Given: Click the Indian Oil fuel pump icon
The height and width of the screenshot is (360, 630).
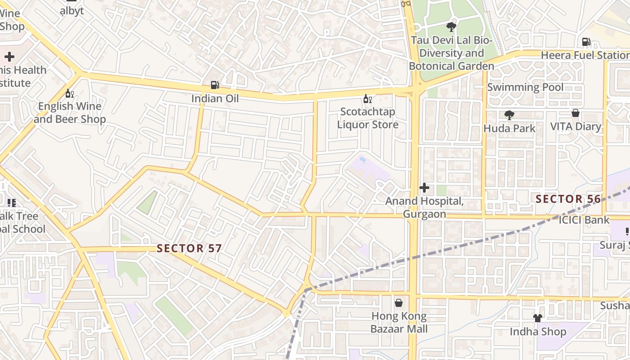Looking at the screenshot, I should point(215,85).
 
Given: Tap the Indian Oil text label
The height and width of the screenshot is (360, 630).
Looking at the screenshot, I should point(215,99).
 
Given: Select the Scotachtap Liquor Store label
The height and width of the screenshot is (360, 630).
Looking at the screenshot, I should point(368,118).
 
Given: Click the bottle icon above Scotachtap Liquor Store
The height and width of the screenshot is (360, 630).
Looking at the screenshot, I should point(368,99).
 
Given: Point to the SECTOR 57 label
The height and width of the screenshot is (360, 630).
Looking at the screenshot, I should point(189,248).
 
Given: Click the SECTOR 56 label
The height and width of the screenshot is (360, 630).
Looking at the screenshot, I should point(568,199).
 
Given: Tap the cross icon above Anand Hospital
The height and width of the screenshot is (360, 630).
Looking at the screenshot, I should point(424,188).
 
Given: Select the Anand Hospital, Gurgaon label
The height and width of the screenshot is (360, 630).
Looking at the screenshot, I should point(424,207).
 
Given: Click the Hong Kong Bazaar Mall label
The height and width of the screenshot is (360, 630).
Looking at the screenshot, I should point(399,323).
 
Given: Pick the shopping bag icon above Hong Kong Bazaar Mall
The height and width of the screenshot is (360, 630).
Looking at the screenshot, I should point(399,303).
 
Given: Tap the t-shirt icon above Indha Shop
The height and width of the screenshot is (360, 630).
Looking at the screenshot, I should point(537,318).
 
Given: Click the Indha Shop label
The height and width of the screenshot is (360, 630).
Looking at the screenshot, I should point(538,332).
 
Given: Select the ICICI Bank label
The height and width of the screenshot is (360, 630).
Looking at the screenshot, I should point(584,220).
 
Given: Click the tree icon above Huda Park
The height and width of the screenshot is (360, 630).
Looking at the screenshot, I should point(509,115).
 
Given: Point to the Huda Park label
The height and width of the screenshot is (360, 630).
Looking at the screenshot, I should point(509,129).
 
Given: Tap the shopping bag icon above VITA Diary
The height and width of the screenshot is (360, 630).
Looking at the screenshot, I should point(575,113).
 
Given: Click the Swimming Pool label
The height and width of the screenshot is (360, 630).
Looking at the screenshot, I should point(525,87).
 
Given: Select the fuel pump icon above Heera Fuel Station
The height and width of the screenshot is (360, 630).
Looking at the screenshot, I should point(586,42).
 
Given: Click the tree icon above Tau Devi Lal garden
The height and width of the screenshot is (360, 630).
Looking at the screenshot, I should point(451,27).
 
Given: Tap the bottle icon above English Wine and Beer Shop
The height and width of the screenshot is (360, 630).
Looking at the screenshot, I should point(69,93).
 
